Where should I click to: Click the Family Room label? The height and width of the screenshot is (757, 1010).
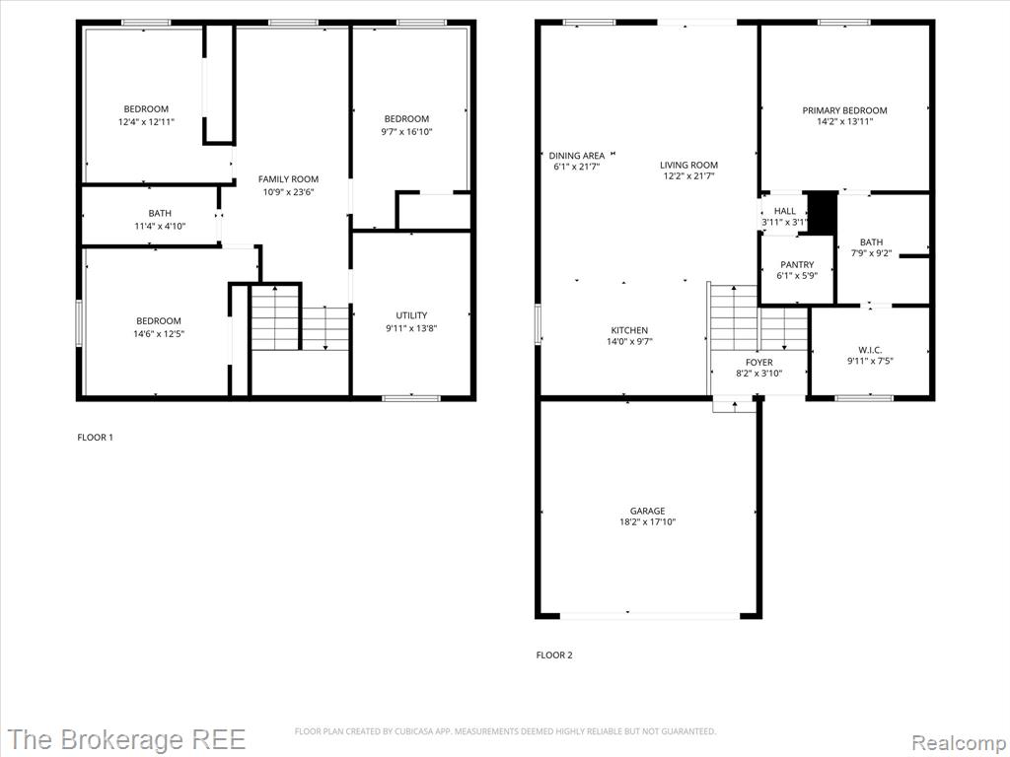pyautogui.click(x=289, y=179)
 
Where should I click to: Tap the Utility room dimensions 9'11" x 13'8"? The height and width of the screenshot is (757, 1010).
pyautogui.click(x=411, y=328)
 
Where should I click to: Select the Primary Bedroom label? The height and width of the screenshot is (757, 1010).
pyautogui.click(x=844, y=110)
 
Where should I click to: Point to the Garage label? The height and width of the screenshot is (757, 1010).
pyautogui.click(x=647, y=512)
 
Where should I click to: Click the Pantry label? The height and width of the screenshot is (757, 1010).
pyautogui.click(x=797, y=264)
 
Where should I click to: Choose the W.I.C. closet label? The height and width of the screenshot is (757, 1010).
pyautogui.click(x=870, y=350)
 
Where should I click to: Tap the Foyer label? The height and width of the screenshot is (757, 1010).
pyautogui.click(x=758, y=363)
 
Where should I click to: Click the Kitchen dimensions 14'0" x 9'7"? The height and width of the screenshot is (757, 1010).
pyautogui.click(x=629, y=342)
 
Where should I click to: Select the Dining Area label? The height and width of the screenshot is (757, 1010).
pyautogui.click(x=576, y=156)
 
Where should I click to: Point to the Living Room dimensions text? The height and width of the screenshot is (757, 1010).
pyautogui.click(x=688, y=175)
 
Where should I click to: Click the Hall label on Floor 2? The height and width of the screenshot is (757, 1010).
pyautogui.click(x=784, y=211)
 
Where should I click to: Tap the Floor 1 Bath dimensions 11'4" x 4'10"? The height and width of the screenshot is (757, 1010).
pyautogui.click(x=160, y=226)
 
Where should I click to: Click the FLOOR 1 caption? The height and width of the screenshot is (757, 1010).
pyautogui.click(x=96, y=438)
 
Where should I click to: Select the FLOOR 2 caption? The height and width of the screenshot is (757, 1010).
pyautogui.click(x=554, y=655)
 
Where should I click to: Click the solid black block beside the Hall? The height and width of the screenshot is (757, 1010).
pyautogui.click(x=823, y=214)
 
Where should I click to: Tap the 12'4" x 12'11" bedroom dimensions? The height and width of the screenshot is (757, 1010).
pyautogui.click(x=146, y=121)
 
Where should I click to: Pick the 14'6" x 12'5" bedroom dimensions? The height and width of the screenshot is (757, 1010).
pyautogui.click(x=159, y=333)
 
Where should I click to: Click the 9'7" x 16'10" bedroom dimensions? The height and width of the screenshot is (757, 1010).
pyautogui.click(x=406, y=132)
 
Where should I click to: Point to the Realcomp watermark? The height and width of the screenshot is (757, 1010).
pyautogui.click(x=960, y=743)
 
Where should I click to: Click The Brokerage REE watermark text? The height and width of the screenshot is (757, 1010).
pyautogui.click(x=127, y=739)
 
